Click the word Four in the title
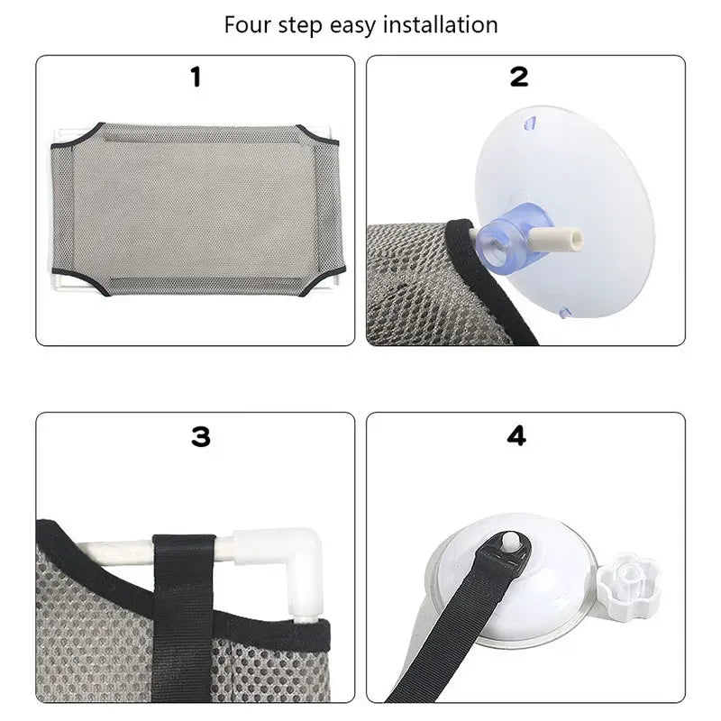tap(248, 24)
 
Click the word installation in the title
tap(440, 24)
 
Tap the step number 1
tap(196, 78)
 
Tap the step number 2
tap(519, 78)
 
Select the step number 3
tap(200, 437)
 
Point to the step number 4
tap(516, 436)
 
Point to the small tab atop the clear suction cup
tap(532, 119)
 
